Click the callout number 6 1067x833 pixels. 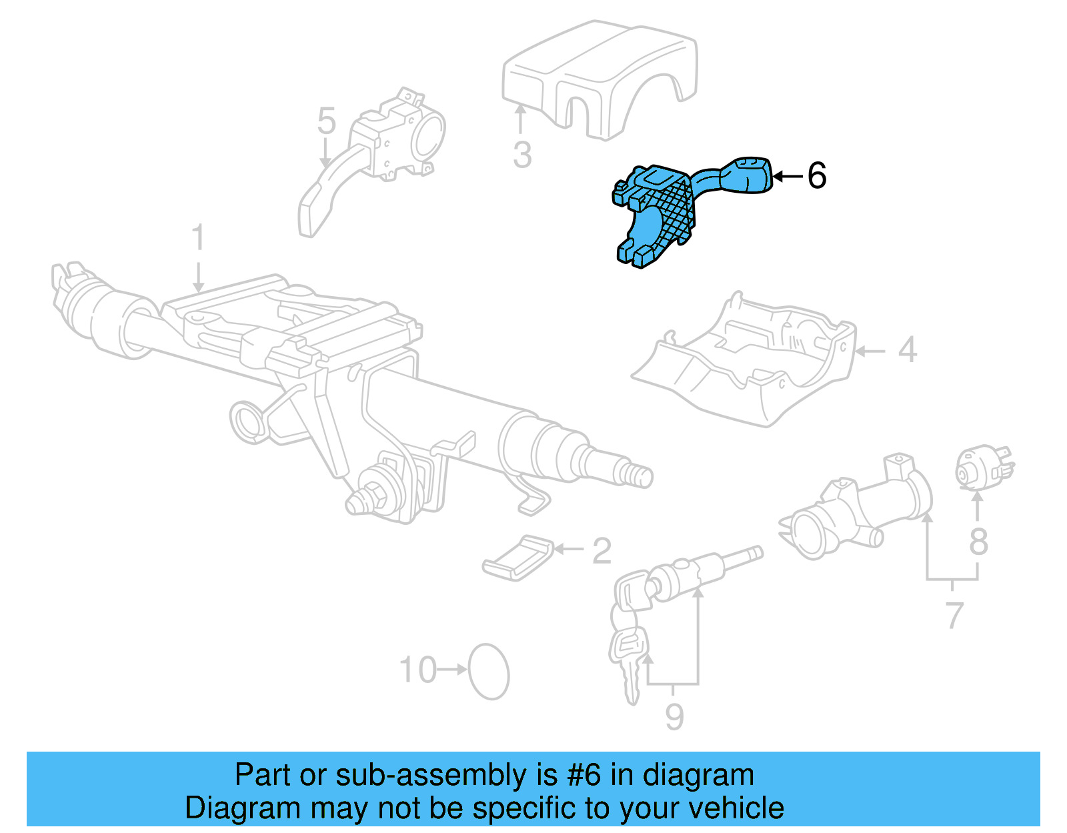(x=817, y=176)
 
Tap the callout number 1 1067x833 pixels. (x=197, y=239)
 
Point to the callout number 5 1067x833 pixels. (x=326, y=121)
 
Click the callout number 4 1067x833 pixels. (x=907, y=350)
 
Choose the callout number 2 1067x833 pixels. (x=602, y=551)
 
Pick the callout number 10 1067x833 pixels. (x=418, y=670)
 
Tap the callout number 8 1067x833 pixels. (x=978, y=542)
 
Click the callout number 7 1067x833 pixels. (x=954, y=615)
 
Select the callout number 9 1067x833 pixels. (x=674, y=716)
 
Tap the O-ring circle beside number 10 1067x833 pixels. (x=489, y=672)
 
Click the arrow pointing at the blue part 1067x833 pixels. (x=787, y=177)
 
